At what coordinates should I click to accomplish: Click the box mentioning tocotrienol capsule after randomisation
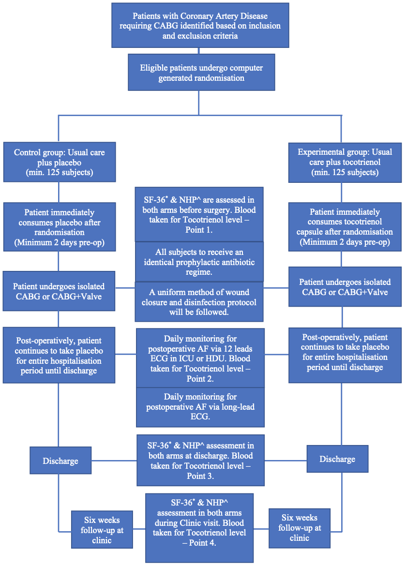tap(345, 227)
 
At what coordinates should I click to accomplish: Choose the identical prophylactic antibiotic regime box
tap(199, 262)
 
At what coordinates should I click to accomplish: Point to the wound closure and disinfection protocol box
tap(199, 302)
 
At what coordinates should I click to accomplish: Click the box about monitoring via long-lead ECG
tap(200, 407)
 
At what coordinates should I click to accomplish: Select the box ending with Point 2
tap(200, 358)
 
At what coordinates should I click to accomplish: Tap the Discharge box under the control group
tap(60, 461)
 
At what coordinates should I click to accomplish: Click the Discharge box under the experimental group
tap(337, 459)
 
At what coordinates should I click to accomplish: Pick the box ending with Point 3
tap(200, 461)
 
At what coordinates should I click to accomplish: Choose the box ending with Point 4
tap(199, 528)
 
